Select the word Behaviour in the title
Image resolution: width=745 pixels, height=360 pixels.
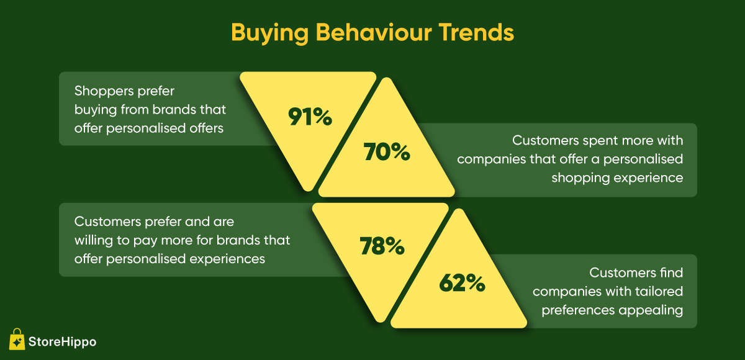(x=374, y=32)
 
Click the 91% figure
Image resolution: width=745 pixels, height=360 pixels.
(x=310, y=117)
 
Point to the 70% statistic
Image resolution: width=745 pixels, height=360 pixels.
(x=386, y=152)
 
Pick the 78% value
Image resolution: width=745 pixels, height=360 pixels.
(x=382, y=246)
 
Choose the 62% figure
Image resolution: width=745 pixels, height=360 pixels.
(x=462, y=283)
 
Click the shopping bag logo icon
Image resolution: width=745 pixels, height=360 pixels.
(x=17, y=339)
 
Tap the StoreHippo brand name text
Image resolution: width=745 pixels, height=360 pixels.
(x=62, y=342)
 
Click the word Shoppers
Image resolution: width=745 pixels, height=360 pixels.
(x=104, y=91)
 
